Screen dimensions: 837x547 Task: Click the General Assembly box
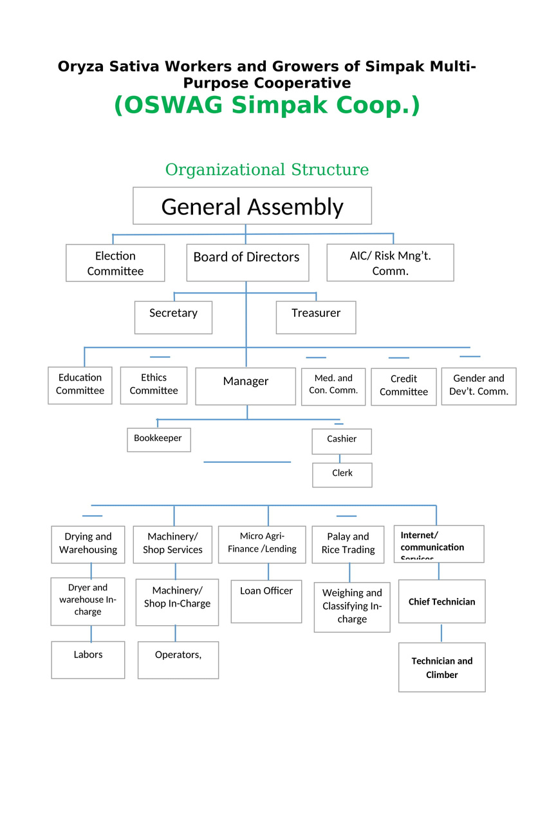click(252, 206)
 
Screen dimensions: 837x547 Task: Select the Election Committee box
click(115, 263)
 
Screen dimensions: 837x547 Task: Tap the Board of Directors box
click(247, 262)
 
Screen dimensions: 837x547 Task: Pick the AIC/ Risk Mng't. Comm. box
click(390, 263)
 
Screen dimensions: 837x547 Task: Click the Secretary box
click(173, 317)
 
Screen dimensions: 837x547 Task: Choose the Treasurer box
click(315, 317)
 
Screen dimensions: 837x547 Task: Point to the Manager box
click(245, 386)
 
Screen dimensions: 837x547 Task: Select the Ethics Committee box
click(153, 385)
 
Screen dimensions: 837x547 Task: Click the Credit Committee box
click(403, 386)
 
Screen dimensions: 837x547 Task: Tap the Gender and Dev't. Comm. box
click(478, 386)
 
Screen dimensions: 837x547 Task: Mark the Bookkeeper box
click(158, 440)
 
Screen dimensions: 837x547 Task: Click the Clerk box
click(342, 475)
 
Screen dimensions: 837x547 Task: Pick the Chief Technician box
click(441, 601)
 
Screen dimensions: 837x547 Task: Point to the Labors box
click(88, 660)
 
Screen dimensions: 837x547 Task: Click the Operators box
click(178, 660)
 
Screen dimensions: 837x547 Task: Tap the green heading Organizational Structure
click(267, 169)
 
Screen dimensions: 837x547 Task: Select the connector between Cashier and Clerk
click(340, 458)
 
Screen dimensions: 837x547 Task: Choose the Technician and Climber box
click(441, 668)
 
